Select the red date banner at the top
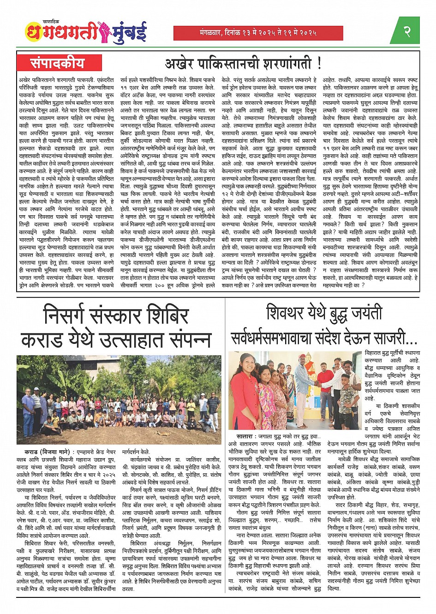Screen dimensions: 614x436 click(x=258, y=33)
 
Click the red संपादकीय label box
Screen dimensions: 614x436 click(x=57, y=63)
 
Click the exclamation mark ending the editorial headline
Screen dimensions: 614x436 click(x=319, y=63)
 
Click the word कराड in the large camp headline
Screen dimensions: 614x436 click(x=42, y=340)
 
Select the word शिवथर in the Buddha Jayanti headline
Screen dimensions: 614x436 click(x=291, y=314)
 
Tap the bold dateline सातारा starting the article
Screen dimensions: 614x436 click(x=240, y=435)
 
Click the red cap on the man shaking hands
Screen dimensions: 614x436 click(x=301, y=356)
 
